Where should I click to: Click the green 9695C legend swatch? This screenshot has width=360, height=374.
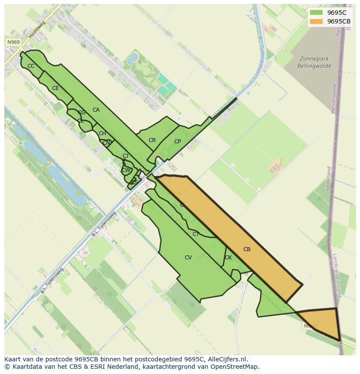pyautogui.click(x=317, y=13)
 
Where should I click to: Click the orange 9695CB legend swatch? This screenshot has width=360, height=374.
pyautogui.click(x=317, y=21)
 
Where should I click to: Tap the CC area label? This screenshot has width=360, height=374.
pyautogui.click(x=31, y=66)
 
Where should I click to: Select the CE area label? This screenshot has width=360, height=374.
pyautogui.click(x=56, y=88)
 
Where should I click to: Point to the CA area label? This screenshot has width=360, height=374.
pyautogui.click(x=96, y=110)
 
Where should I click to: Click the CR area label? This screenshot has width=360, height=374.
pyautogui.click(x=152, y=140)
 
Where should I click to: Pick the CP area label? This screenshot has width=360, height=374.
pyautogui.click(x=177, y=142)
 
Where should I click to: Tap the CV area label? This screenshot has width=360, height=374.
pyautogui.click(x=188, y=258)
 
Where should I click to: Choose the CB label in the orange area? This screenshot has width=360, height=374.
pyautogui.click(x=247, y=249)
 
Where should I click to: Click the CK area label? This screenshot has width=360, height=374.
pyautogui.click(x=228, y=258)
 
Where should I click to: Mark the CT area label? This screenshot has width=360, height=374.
pyautogui.click(x=196, y=234)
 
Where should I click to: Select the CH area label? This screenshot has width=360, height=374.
pyautogui.click(x=102, y=133)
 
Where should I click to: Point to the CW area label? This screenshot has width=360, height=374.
pyautogui.click(x=126, y=170)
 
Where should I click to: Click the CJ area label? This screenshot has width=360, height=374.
pyautogui.click(x=125, y=156)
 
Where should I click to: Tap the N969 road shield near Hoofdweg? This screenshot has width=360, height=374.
pyautogui.click(x=13, y=42)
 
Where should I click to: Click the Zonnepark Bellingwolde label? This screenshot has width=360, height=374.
pyautogui.click(x=314, y=63)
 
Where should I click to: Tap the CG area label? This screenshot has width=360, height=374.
pyautogui.click(x=82, y=113)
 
